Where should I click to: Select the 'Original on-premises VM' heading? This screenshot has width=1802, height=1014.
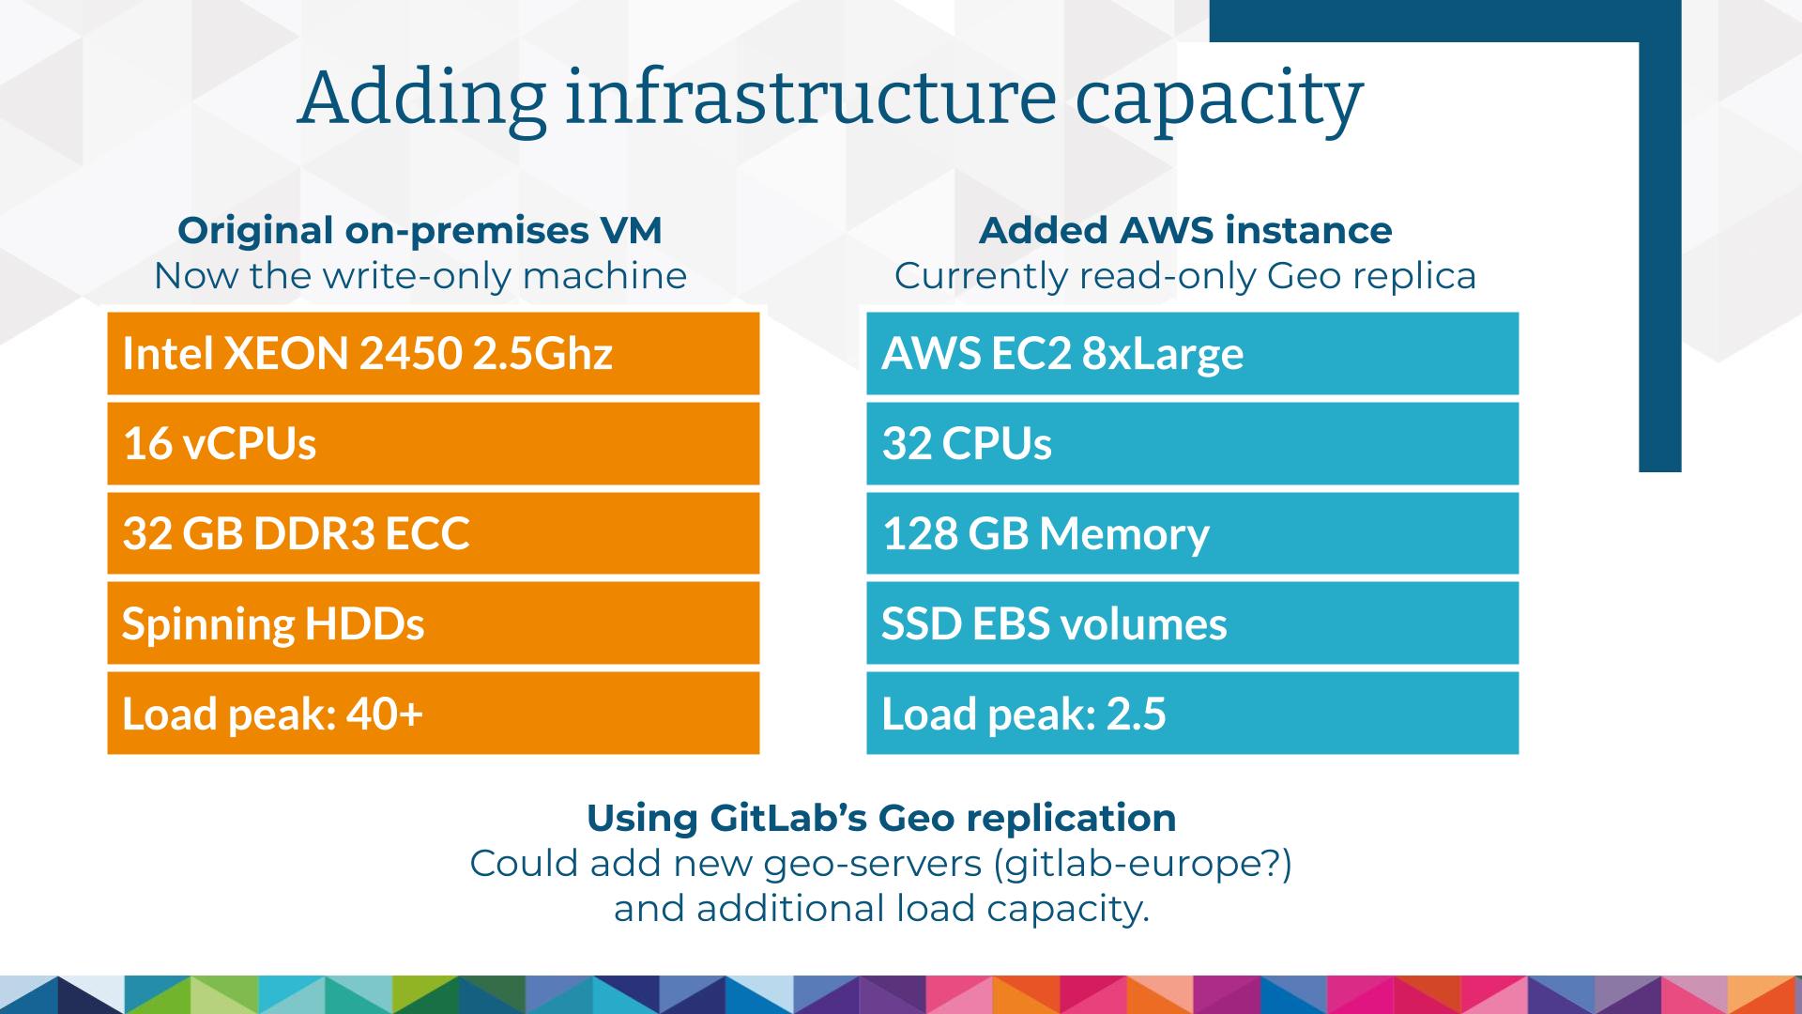click(x=420, y=231)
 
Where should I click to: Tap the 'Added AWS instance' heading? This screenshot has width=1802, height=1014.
click(x=1185, y=231)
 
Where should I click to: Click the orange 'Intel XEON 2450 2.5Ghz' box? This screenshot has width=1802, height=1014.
click(x=433, y=353)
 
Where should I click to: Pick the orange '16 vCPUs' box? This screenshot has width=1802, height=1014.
click(x=433, y=443)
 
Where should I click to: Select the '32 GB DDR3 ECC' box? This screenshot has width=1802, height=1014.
click(x=433, y=533)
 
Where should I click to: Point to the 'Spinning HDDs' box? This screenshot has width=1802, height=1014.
click(x=433, y=622)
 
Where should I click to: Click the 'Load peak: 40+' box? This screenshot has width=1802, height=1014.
click(x=433, y=713)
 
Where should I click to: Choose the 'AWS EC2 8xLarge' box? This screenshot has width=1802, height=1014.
click(x=1192, y=353)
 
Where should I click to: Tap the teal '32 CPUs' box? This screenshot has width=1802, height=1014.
click(x=1192, y=443)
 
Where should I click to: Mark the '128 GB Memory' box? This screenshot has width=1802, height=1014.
click(x=1192, y=533)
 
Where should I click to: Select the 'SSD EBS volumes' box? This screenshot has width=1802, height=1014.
click(x=1192, y=622)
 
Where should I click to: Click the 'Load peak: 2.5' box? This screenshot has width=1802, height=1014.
click(x=1192, y=713)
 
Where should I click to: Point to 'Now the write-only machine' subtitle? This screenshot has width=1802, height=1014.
click(x=420, y=276)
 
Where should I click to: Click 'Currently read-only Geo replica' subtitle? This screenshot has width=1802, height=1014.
click(x=1185, y=276)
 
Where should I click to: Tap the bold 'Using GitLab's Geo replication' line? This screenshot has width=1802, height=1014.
click(x=881, y=818)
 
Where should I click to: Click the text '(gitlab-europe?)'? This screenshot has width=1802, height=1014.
click(x=1142, y=864)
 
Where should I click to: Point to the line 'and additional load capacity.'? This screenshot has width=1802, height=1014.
click(x=881, y=909)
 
